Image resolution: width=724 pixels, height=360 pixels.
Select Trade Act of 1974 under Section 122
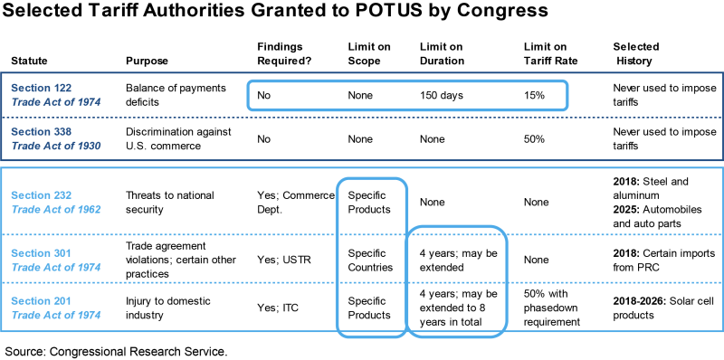[x=55, y=102]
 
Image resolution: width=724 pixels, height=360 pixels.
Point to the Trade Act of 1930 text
[x=55, y=146]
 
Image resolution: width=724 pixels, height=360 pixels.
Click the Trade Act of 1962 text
[x=55, y=209]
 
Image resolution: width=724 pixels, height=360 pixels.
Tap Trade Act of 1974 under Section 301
[x=55, y=268]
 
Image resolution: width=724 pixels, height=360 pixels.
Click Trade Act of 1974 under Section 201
[x=55, y=315]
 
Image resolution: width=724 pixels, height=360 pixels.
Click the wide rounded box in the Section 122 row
[x=407, y=95]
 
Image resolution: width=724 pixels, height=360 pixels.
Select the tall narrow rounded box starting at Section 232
[x=371, y=258]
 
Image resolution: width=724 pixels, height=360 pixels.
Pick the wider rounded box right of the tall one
[x=457, y=280]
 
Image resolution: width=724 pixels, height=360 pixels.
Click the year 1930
[x=88, y=146]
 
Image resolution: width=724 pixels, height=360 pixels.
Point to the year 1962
[x=88, y=209]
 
